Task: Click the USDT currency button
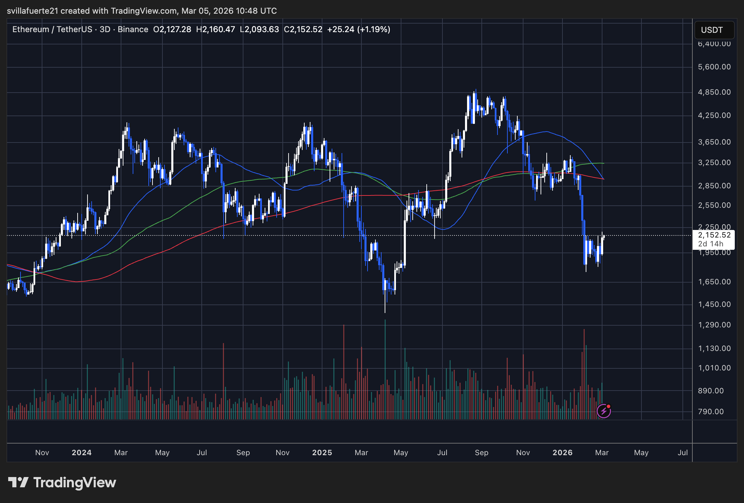(714, 30)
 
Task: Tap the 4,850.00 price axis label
(714, 92)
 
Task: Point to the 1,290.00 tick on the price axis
(714, 325)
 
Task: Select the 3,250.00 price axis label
(714, 163)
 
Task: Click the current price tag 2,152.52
(714, 235)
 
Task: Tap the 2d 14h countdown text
(710, 244)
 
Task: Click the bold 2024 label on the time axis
(82, 453)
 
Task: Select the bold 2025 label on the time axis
(322, 453)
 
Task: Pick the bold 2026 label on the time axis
(562, 453)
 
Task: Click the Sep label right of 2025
(481, 453)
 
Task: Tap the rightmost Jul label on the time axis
(682, 453)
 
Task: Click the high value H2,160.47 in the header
(215, 29)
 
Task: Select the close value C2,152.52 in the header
(303, 29)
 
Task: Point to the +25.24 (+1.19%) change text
(359, 29)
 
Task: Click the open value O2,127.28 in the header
(172, 29)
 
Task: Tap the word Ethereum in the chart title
(31, 29)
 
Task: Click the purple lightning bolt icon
(603, 411)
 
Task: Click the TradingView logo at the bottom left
(62, 482)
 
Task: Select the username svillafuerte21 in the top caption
(32, 11)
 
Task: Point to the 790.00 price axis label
(711, 412)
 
